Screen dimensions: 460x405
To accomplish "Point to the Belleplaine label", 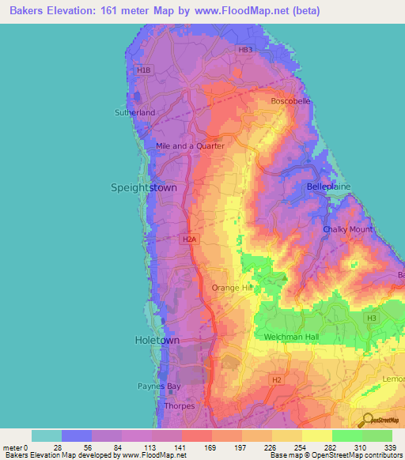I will coord(328,187).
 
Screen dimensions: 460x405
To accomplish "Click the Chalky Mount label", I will coord(348,229).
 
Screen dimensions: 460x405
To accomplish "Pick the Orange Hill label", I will coord(232,288).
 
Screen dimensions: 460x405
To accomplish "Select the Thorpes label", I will coord(180,406).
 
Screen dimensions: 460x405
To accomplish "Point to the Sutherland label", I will coord(136,113).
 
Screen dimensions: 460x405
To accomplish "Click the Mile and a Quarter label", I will coord(190,146).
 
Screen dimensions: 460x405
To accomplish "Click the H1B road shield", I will coord(143,70).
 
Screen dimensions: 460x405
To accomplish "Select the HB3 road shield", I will coord(246,50).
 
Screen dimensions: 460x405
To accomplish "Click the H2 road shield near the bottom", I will coord(276,380).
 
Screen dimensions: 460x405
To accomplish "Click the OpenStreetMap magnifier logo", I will coord(365,419).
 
